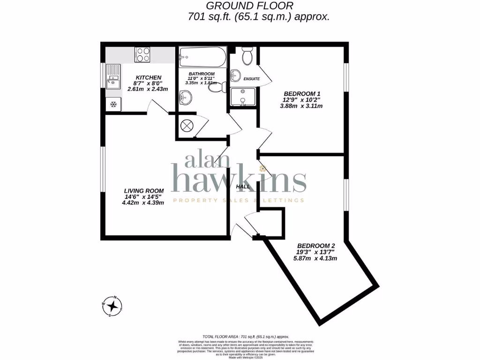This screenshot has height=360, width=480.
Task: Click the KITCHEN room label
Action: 149,77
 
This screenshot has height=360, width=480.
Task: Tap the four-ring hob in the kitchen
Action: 142,55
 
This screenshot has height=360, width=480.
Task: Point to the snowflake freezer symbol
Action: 113,104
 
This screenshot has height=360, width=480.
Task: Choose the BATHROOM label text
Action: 202,74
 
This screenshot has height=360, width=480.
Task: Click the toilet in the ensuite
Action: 247,56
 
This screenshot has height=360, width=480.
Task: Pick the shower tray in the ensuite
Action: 243,97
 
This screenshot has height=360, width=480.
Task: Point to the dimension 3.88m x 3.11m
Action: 301,106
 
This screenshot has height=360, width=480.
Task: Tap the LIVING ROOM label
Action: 144,191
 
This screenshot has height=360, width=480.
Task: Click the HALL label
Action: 243,187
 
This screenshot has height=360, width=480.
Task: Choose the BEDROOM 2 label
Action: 316,246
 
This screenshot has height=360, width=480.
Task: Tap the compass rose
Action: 112,307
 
